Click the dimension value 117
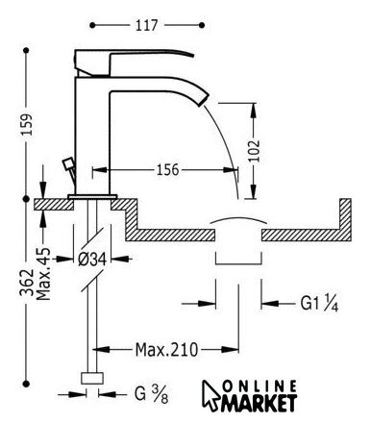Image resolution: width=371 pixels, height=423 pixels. pyautogui.click(x=147, y=25)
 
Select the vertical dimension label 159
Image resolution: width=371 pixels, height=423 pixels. pyautogui.click(x=27, y=124)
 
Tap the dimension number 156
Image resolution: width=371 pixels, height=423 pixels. pyautogui.click(x=167, y=169)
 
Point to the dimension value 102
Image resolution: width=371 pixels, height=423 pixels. pyautogui.click(x=254, y=151)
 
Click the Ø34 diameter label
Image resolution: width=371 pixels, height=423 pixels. pyautogui.click(x=92, y=259)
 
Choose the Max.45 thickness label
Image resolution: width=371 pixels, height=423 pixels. pyautogui.click(x=43, y=274)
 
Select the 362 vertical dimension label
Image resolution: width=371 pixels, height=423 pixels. pyautogui.click(x=27, y=282)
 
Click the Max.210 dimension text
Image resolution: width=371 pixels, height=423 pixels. pyautogui.click(x=166, y=350)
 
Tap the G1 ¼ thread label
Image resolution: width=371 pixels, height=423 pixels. pyautogui.click(x=319, y=303)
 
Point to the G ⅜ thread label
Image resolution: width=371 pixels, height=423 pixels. pyautogui.click(x=151, y=394)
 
